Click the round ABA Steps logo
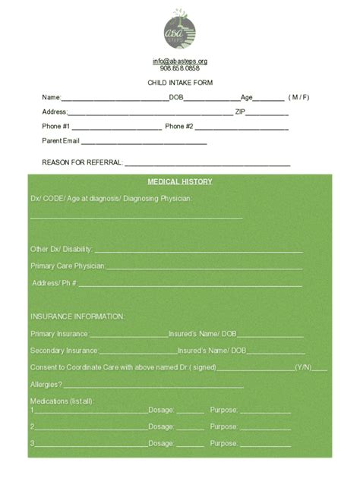[x=180, y=30]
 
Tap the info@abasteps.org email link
[x=180, y=61]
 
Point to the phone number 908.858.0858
[x=180, y=68]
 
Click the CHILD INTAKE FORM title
[x=180, y=82]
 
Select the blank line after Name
[x=114, y=99]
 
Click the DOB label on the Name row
[x=176, y=97]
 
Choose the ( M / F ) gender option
[x=298, y=97]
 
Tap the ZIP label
[x=240, y=112]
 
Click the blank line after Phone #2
[x=242, y=127]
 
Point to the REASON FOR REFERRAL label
[x=82, y=162]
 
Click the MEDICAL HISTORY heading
[x=180, y=182]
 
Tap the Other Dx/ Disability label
[x=62, y=249]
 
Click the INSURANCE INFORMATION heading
[x=77, y=316]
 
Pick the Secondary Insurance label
[x=65, y=351]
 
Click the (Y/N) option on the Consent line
[x=303, y=367]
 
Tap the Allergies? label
[x=46, y=385]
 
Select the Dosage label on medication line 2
[x=161, y=426]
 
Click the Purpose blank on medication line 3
[x=265, y=445]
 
